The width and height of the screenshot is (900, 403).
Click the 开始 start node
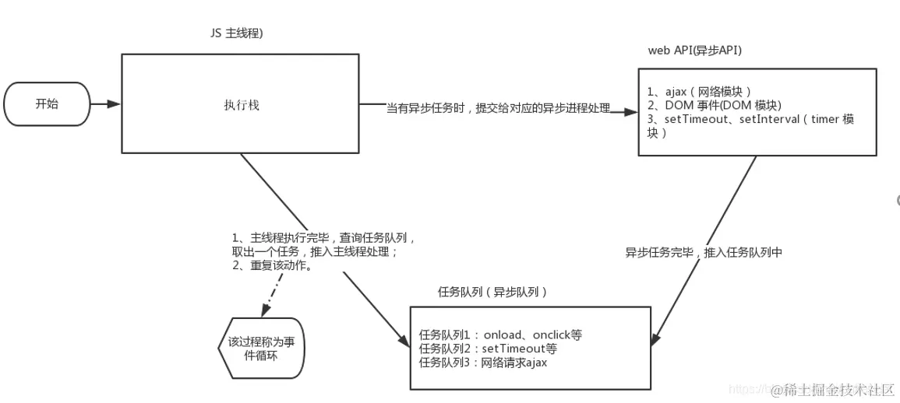coord(47,103)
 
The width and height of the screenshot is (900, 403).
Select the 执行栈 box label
coord(239,104)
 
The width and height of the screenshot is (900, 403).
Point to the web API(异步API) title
coord(694,50)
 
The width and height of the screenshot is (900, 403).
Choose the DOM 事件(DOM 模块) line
coord(712,105)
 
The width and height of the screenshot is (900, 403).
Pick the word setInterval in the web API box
coord(766,119)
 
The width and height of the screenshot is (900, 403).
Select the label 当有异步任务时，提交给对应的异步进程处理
coord(499,107)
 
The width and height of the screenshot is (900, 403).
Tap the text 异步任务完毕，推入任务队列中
coord(703,253)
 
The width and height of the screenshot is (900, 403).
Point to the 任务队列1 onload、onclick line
coord(500,335)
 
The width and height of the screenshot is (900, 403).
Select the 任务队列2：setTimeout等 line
coord(488,348)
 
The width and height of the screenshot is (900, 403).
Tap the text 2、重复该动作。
coord(272,265)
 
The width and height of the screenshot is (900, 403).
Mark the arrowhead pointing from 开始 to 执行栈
coord(115,103)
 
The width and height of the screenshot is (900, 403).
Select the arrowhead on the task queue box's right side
coord(657,339)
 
